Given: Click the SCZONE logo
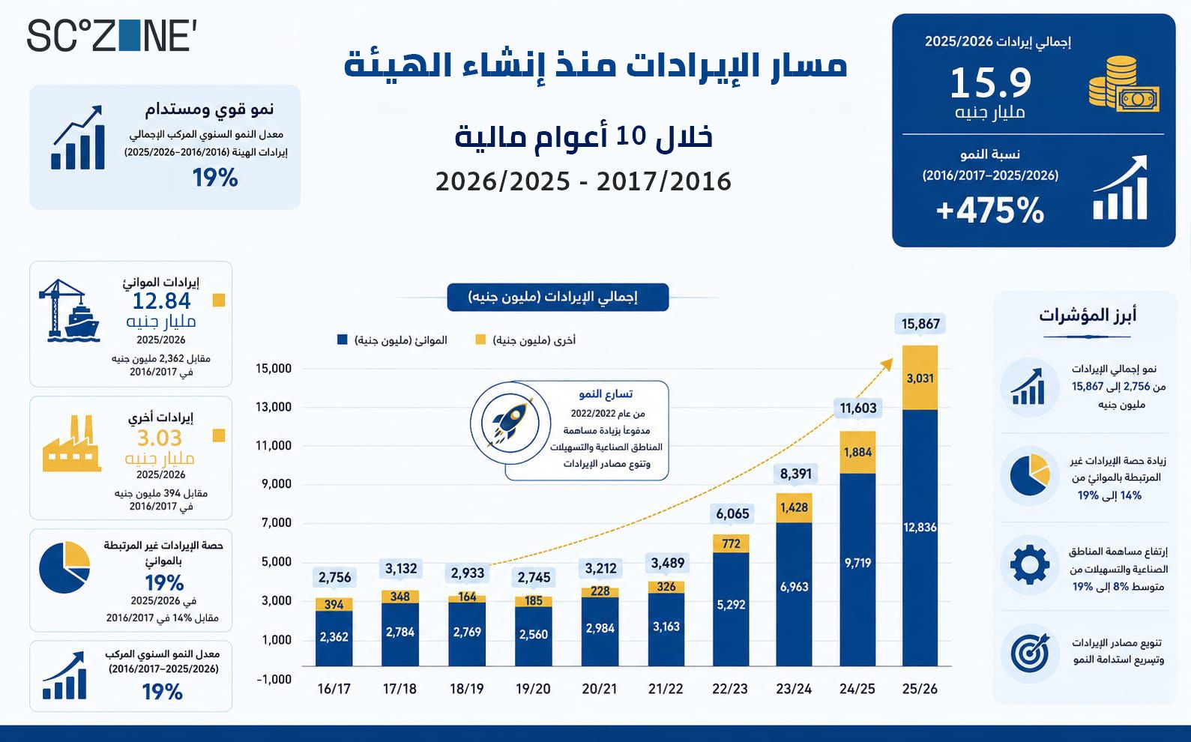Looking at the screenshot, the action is tap(112, 36).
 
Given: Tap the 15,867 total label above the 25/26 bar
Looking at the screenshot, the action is tap(920, 324).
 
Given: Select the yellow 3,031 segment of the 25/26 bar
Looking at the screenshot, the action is tap(920, 378).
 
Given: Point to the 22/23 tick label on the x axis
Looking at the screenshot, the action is tap(730, 689).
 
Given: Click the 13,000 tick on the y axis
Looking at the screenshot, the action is tap(274, 407).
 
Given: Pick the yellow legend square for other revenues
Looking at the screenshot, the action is tap(480, 340).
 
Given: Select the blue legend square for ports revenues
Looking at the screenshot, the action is tap(343, 340).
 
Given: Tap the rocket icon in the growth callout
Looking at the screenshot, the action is tap(510, 423).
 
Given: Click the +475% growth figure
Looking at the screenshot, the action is tap(990, 210).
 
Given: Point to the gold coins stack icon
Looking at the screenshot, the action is tap(1124, 84).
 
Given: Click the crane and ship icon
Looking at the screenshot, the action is tap(69, 310).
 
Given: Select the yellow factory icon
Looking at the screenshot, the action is tap(72, 444).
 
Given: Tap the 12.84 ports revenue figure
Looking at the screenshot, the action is tap(161, 301).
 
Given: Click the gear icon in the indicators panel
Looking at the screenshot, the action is tap(1030, 565).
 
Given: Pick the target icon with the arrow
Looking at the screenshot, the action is tap(1030, 654).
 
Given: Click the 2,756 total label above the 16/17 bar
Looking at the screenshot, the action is tap(334, 577).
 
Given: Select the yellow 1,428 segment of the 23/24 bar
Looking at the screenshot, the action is tap(794, 507).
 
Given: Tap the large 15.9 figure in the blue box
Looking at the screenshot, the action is tap(990, 83).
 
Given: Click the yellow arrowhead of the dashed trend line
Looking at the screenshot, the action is tap(887, 364).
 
